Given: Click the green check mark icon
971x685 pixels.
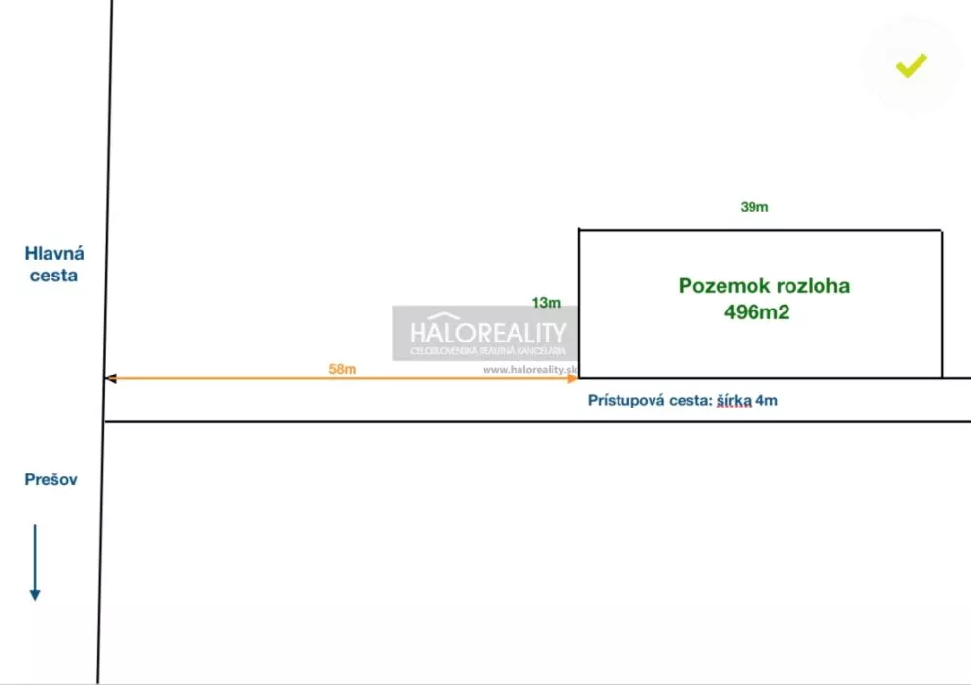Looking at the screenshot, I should click(911, 66).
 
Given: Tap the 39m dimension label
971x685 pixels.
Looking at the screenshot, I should click(754, 207).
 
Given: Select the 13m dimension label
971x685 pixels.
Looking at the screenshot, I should click(547, 303).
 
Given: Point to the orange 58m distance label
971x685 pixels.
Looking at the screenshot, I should click(342, 369).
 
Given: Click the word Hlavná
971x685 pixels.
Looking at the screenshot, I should click(54, 254).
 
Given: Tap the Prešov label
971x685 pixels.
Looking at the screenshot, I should click(50, 480).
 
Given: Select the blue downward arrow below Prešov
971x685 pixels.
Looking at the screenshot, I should click(35, 562).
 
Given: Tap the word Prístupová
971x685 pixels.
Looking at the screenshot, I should click(627, 400).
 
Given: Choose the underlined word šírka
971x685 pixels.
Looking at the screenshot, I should click(734, 400).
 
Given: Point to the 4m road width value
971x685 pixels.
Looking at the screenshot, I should click(766, 400).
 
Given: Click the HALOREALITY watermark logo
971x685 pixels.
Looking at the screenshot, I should click(486, 332).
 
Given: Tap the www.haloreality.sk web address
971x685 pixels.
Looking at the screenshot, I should click(530, 369).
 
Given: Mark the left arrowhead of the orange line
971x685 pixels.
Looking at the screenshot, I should click(110, 378).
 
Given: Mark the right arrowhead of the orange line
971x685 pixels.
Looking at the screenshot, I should click(573, 378).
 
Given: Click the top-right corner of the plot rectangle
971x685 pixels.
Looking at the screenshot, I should click(941, 230).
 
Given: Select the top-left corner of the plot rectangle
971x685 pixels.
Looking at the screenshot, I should click(579, 230).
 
